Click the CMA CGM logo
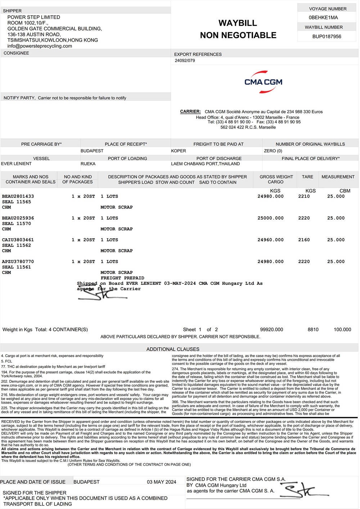coord(263,82)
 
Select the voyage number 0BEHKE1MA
coord(323,18)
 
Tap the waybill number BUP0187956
coord(327,36)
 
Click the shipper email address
coord(40,46)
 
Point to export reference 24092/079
coord(185,60)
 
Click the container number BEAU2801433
coord(18,197)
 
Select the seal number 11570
coord(24,224)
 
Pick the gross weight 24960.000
coord(270,240)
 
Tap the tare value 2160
coord(304,240)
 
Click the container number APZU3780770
coord(18,262)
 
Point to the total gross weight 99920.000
coord(271,329)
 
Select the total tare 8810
coord(313,329)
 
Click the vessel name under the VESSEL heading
coord(16,164)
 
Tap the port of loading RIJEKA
coord(88,164)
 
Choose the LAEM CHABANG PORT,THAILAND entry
coord(205,164)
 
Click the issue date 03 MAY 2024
coord(161,482)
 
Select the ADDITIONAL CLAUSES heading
coord(173,349)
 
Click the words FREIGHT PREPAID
coord(122,278)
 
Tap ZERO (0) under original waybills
coord(273,151)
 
